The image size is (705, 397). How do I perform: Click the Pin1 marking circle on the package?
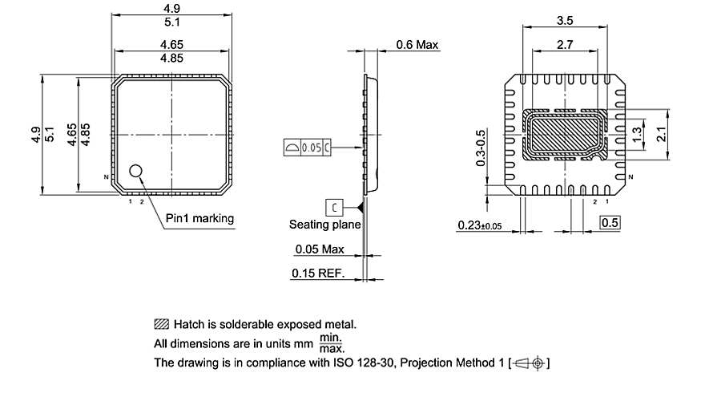136,170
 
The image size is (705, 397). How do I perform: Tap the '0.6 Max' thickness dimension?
417,45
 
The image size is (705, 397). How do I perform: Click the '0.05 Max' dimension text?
320,249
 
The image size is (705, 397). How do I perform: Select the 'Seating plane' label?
324,225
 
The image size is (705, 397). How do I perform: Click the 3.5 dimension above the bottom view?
564,20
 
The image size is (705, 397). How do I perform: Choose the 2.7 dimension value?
564,47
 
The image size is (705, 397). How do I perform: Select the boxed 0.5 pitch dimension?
610,222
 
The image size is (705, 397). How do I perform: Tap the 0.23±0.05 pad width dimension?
478,225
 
